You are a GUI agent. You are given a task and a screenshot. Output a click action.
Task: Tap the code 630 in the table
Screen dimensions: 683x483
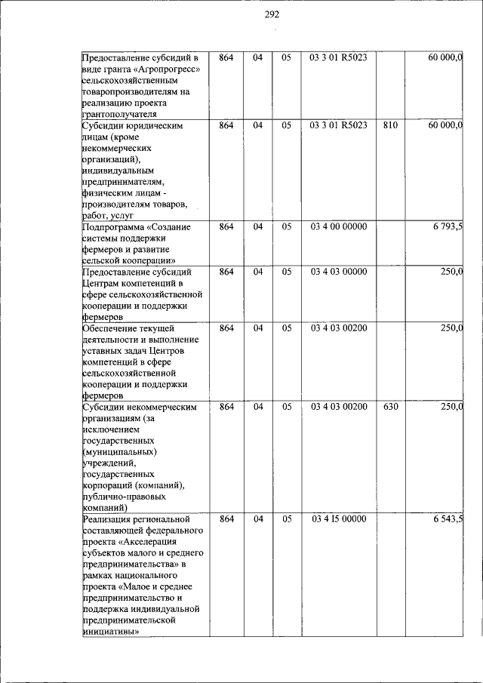coord(389,408)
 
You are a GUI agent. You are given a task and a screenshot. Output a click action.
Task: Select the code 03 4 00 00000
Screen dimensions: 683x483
coord(338,226)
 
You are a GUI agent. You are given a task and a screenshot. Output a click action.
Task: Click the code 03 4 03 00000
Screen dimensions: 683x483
coord(338,272)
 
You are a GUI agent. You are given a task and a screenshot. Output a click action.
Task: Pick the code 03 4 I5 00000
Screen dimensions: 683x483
coord(338,519)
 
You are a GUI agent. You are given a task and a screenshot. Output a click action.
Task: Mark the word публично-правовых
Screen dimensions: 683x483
coord(124,497)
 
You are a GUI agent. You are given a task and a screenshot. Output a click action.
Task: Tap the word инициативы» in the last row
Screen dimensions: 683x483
coord(110,632)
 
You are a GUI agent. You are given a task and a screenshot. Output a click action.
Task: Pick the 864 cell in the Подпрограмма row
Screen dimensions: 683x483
coord(226,226)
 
